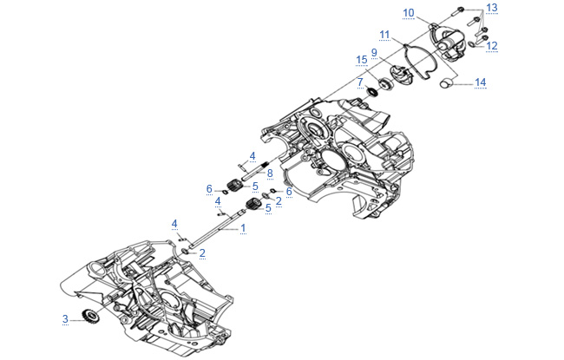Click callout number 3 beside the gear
(65, 319)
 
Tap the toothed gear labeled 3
(90, 316)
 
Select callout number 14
(480, 82)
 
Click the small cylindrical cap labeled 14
(447, 83)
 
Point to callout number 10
(409, 13)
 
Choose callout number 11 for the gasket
(384, 35)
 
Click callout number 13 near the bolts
(492, 8)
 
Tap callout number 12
(492, 46)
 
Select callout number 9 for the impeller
(374, 53)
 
